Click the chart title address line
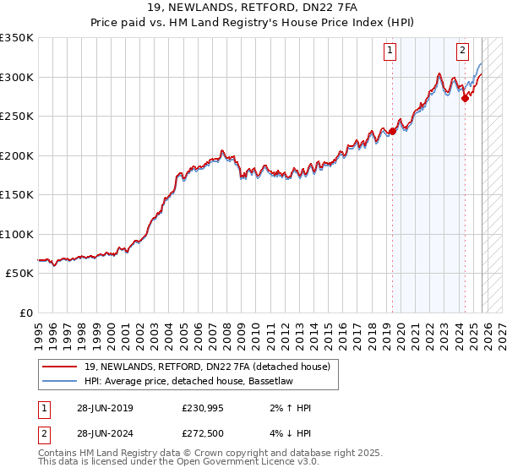253,9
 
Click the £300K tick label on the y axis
17,77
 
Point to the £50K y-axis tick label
19,274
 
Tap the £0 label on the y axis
26,313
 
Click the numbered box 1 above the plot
390,51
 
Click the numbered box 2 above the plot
463,51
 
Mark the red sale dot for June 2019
392,131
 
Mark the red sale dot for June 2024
466,99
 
